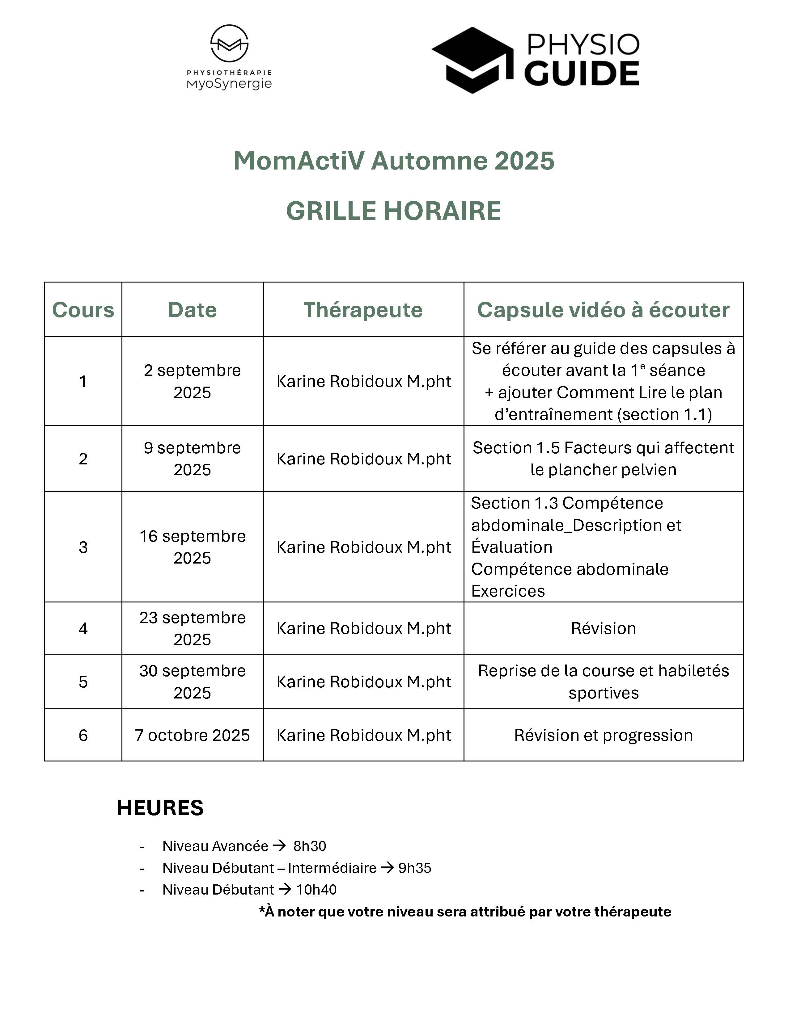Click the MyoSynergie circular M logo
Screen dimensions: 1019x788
[229, 44]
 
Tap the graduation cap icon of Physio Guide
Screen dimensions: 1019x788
[472, 60]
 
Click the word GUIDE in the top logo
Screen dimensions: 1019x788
[582, 74]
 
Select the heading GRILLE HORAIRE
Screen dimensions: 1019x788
[393, 211]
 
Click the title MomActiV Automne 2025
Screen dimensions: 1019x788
[393, 161]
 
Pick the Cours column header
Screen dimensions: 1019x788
[83, 310]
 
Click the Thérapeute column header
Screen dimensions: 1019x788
[363, 310]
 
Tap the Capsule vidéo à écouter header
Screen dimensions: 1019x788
[603, 310]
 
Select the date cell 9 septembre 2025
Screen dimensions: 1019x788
[192, 458]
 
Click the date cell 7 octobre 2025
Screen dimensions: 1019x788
[192, 735]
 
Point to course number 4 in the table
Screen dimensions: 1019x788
[83, 628]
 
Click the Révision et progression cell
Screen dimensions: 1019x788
[603, 735]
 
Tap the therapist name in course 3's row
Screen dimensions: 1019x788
[363, 547]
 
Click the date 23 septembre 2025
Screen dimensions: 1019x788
[192, 628]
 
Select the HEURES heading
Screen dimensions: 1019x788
[160, 808]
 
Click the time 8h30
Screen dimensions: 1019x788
[310, 846]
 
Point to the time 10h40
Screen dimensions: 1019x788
[316, 889]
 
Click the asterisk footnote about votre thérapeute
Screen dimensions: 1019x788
[465, 911]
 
